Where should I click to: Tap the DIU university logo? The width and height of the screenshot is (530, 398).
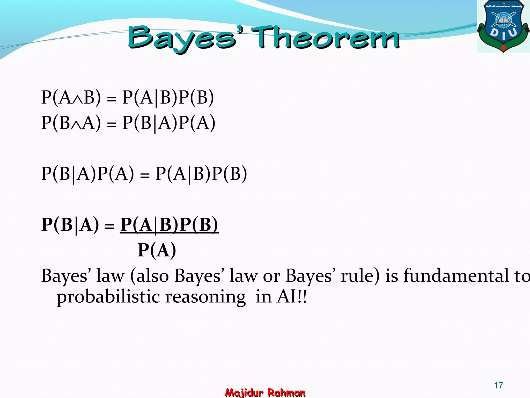click(x=503, y=26)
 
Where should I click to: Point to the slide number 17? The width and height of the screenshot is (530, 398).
click(x=498, y=385)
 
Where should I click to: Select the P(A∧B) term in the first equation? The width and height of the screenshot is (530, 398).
click(x=71, y=98)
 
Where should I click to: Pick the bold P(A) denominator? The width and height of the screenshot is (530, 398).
click(x=157, y=250)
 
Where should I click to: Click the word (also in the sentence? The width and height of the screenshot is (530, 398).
click(x=149, y=276)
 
